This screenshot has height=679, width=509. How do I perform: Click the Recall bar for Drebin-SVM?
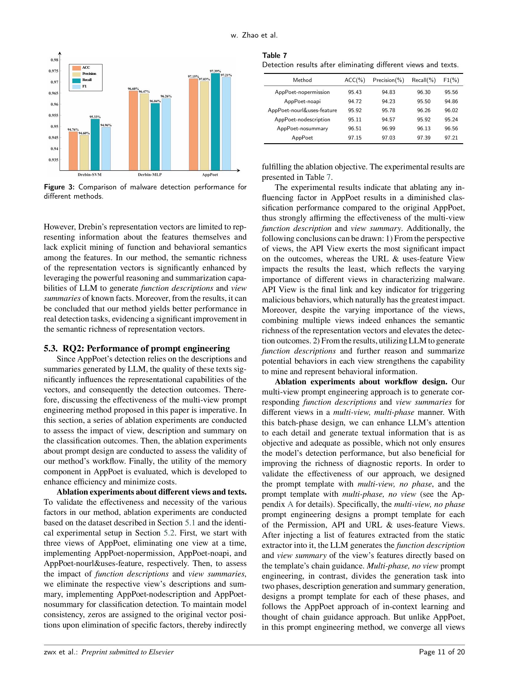[x=95, y=144]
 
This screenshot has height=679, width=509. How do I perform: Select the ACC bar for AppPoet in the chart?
[x=193, y=124]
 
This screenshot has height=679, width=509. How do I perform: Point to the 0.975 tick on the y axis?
[x=54, y=71]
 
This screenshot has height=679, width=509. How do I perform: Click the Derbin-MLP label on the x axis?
[x=150, y=175]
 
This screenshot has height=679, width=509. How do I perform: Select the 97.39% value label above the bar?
[x=215, y=71]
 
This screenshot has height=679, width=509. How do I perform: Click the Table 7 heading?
[x=275, y=55]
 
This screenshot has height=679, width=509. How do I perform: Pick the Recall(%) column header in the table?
[x=423, y=80]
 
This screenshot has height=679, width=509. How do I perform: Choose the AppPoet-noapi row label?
[x=302, y=101]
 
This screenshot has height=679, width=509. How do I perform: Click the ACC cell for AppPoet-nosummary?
[x=355, y=128]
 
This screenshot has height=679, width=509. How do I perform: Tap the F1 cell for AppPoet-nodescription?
[x=451, y=119]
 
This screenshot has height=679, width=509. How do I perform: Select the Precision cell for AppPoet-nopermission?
[x=388, y=92]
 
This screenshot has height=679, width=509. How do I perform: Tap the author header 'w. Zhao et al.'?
[x=254, y=36]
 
